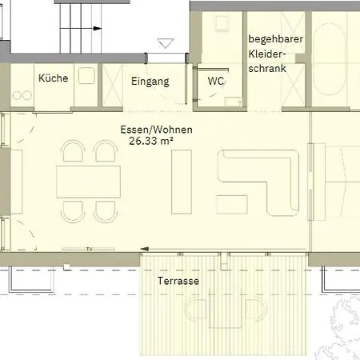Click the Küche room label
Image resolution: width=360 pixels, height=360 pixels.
point(54,78)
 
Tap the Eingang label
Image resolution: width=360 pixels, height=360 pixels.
point(150,82)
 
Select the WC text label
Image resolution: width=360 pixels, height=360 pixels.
point(216,81)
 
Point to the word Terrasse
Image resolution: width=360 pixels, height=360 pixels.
point(178,281)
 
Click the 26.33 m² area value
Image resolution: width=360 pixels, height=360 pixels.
point(151,141)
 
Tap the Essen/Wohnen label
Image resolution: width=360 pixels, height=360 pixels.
point(156,130)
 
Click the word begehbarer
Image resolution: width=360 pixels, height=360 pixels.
point(276,39)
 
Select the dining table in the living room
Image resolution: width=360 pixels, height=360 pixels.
point(88,182)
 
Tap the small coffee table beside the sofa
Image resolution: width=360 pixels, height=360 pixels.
point(232,205)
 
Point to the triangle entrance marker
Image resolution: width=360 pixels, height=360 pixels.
point(166,43)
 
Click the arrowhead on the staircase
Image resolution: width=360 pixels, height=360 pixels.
point(98,28)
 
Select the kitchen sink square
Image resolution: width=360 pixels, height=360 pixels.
point(86,75)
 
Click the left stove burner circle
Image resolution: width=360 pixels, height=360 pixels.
point(17,95)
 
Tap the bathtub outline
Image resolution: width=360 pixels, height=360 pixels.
point(329,59)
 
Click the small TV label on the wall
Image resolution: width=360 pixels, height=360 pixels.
point(90,250)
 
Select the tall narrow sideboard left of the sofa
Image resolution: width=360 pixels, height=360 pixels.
point(182,182)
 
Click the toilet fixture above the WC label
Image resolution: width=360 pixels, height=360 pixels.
point(222,22)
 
